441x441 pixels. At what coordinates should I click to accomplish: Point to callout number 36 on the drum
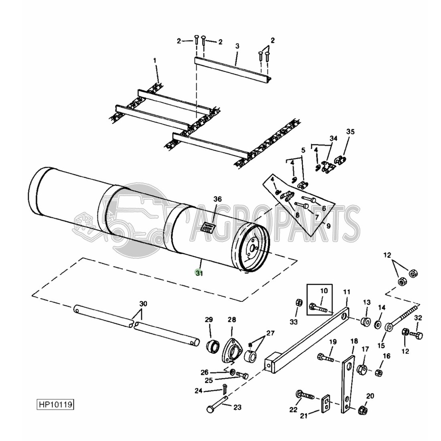pos(217,199)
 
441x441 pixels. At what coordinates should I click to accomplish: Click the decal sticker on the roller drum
pos(208,227)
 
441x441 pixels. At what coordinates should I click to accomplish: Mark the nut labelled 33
pos(298,301)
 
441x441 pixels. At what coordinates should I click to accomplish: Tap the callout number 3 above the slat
pos(237,47)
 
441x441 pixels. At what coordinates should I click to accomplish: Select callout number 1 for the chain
pos(155,61)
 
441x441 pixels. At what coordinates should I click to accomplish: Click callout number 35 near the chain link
pos(350,132)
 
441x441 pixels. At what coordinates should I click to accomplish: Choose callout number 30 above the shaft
pos(143,303)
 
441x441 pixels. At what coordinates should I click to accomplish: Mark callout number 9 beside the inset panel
pos(328,226)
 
